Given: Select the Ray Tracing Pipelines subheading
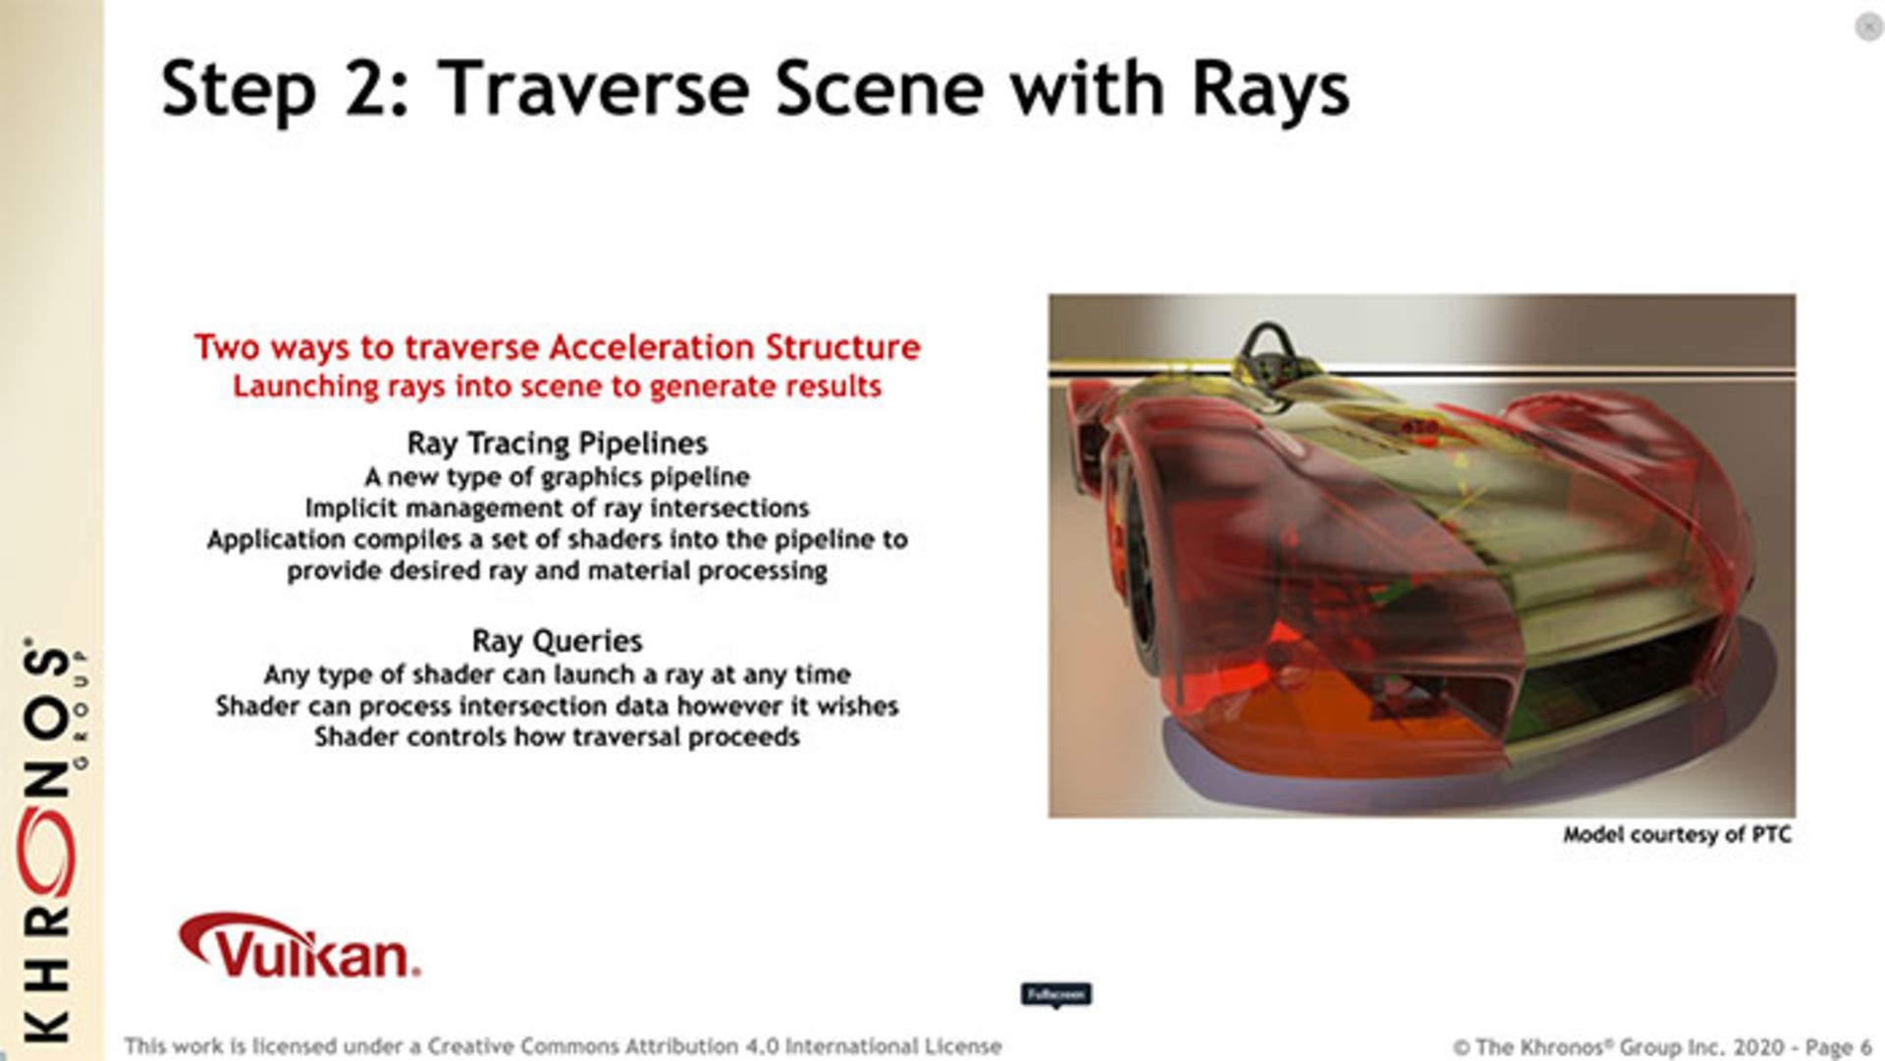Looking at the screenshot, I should pyautogui.click(x=557, y=444).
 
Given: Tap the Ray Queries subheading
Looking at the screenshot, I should pyautogui.click(x=557, y=641).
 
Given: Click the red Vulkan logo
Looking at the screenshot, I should pyautogui.click(x=299, y=948).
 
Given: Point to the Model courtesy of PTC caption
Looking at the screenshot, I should pyautogui.click(x=1677, y=835).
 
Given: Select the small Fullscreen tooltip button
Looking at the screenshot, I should pyautogui.click(x=1055, y=995).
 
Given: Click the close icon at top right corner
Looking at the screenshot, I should pyautogui.click(x=1867, y=27).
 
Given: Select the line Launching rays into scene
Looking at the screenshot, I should pyautogui.click(x=557, y=387).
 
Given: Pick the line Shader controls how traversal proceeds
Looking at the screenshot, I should pyautogui.click(x=557, y=737).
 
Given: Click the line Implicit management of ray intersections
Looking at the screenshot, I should pyautogui.click(x=557, y=508).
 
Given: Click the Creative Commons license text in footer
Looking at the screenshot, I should pyautogui.click(x=563, y=1046).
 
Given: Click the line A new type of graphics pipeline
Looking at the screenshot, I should pyautogui.click(x=557, y=477).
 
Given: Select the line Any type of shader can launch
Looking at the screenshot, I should pyautogui.click(x=557, y=674).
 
